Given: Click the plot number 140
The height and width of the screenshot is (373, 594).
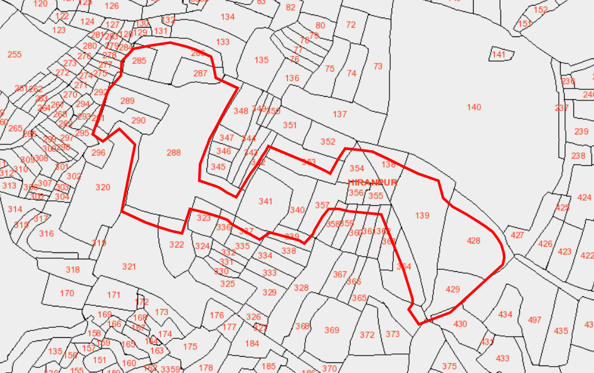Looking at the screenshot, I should coord(474,107).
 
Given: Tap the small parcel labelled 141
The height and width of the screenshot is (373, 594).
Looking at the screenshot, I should coord(499,55).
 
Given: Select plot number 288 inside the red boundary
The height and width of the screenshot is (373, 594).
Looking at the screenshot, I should coord(174,153).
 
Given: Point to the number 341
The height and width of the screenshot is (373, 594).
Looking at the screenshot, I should coord(265,202).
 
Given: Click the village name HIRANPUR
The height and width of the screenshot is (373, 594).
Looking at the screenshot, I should coord(373,182).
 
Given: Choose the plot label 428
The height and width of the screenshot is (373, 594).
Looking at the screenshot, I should coord(474,241).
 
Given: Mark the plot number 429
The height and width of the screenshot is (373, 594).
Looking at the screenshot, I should coord(452,289).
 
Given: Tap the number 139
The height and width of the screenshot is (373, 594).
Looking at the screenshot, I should coord(422,216).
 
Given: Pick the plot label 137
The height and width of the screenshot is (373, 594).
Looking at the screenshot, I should coord(340,114).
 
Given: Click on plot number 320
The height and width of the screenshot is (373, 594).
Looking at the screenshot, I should coord(103,187).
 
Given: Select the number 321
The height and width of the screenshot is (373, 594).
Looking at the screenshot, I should coord(129,267).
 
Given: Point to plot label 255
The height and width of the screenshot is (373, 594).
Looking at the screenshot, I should coord(14,55).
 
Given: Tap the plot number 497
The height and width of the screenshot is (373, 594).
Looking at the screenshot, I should coord(534,320).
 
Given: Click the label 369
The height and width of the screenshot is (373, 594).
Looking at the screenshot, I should coord(332,330).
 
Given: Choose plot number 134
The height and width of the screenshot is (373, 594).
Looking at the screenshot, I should coord(228,17).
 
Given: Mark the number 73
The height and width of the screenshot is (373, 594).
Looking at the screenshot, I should coord(378,67).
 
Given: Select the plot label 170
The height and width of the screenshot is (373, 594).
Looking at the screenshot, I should coord(67,293).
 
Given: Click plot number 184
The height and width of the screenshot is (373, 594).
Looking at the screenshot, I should coord(252,343).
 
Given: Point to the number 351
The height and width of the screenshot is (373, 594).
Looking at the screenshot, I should coord(290,126).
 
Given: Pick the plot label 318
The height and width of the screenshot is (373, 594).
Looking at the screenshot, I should coord(73,270).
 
